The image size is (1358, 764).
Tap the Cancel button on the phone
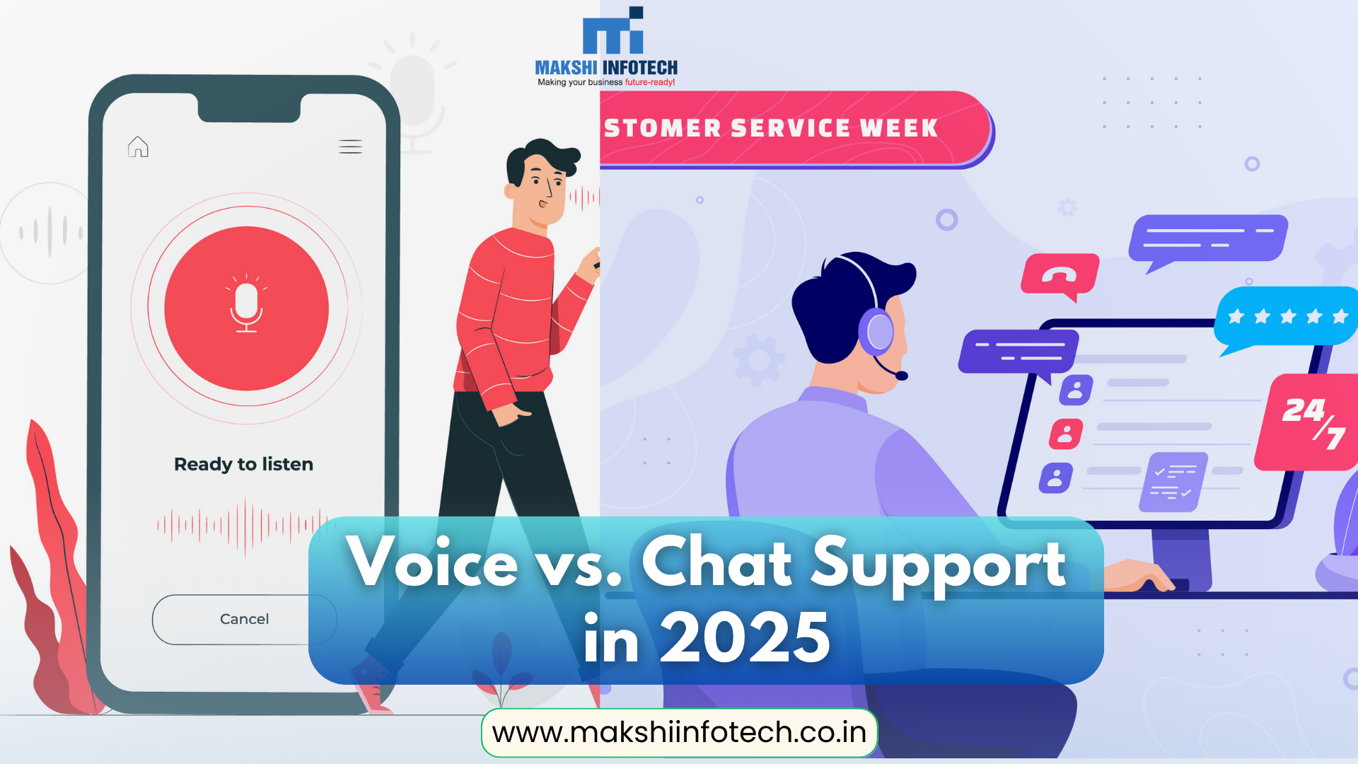(244, 619)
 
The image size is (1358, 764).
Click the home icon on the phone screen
(138, 146)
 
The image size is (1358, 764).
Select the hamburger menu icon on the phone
(350, 146)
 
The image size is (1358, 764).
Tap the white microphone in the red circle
(246, 308)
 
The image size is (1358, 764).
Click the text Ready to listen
(243, 464)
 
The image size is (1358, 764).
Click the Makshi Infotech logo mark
(613, 32)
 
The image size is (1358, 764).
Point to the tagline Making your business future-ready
(606, 82)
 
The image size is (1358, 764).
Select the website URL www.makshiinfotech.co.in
(679, 732)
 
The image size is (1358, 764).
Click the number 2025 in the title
(745, 638)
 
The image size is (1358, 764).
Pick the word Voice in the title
(432, 562)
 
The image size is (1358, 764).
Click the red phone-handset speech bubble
(1059, 274)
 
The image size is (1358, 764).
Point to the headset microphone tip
(901, 376)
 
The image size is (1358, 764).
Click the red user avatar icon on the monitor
(1066, 434)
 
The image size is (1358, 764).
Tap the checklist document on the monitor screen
(1172, 482)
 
